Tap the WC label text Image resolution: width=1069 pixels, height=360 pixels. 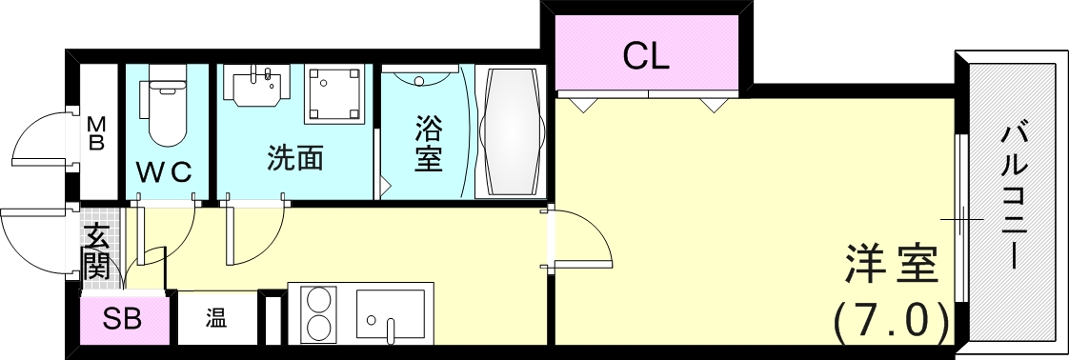click(163, 171)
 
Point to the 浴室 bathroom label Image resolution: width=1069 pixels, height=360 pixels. click(428, 143)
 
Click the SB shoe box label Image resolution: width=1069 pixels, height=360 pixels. click(123, 318)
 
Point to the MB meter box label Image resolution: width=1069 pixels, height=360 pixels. click(96, 133)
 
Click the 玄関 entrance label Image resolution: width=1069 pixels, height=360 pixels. click(96, 250)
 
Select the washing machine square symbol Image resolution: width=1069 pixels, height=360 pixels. click(333, 93)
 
